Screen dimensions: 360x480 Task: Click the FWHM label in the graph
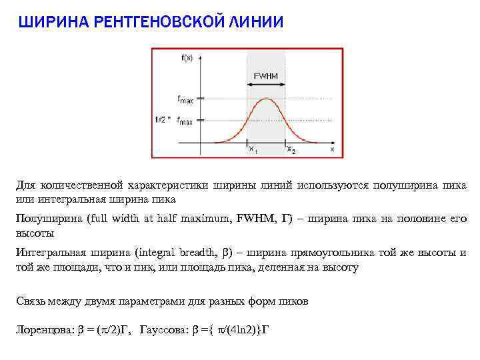coord(266,76)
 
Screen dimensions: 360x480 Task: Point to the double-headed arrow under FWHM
coord(266,85)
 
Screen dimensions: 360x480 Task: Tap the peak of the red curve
coord(267,99)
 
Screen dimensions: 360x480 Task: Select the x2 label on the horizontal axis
coord(291,149)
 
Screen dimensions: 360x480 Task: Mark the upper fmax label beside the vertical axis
coord(185,99)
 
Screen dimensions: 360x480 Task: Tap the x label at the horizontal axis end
coord(331,149)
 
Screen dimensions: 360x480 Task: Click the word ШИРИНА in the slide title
coord(52,23)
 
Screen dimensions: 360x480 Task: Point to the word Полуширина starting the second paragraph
coord(45,218)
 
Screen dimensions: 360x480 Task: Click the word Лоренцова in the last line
coord(41,330)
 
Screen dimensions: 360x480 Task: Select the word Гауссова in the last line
coord(165,330)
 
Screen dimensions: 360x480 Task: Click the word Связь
coord(31,301)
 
